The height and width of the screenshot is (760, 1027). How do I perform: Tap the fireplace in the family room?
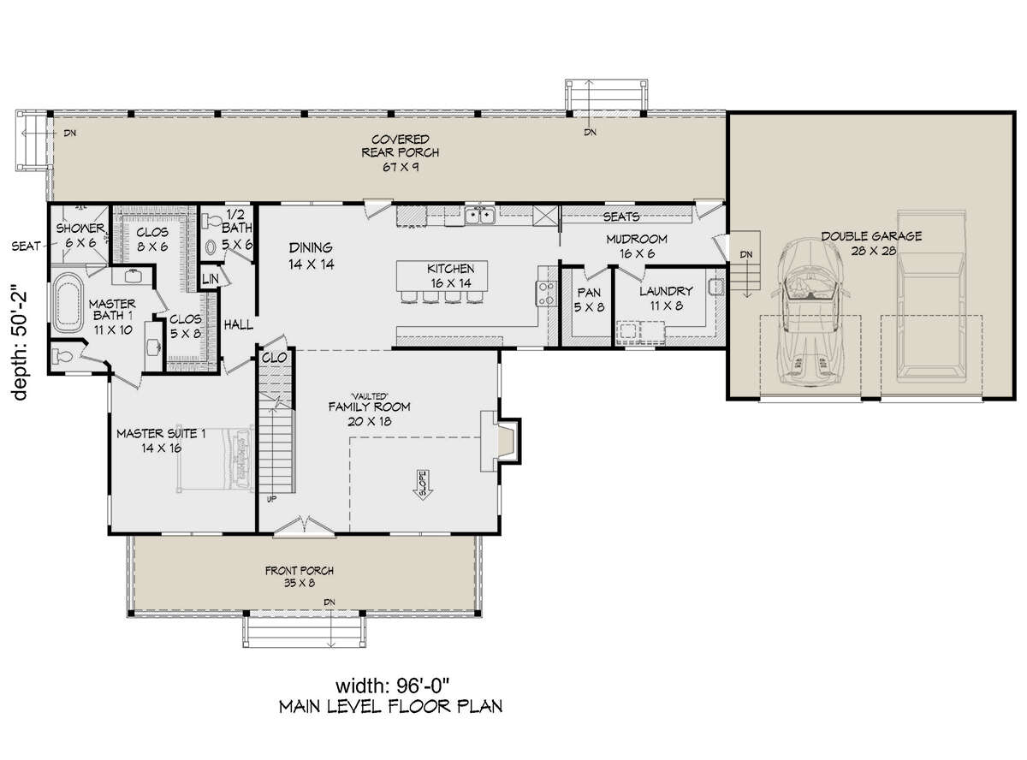[499, 441]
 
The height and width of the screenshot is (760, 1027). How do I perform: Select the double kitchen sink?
[480, 216]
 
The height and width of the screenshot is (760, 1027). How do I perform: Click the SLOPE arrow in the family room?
[422, 485]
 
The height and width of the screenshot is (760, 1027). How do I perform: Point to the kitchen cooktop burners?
[546, 294]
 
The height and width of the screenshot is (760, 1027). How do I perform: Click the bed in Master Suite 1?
[216, 460]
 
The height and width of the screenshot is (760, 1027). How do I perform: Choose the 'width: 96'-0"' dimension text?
[392, 686]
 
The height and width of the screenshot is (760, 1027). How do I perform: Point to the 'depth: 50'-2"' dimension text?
[20, 345]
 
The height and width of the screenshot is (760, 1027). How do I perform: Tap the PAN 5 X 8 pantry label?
[589, 300]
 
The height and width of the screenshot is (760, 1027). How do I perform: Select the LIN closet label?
[211, 279]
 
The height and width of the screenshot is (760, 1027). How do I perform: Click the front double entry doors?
[304, 526]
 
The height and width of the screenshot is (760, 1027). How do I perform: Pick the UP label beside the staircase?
[271, 499]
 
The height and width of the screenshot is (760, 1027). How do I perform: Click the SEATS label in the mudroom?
[621, 217]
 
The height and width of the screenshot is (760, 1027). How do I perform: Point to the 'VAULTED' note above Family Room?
[369, 396]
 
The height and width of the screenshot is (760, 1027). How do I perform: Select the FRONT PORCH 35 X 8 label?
[300, 577]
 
